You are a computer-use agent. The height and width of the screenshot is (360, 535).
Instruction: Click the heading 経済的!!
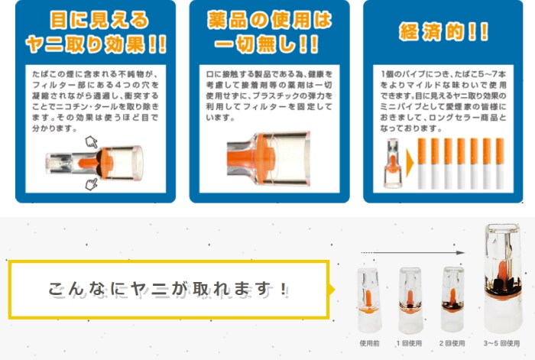pyautogui.click(x=443, y=32)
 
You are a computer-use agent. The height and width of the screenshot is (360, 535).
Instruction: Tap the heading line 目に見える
pyautogui.click(x=99, y=20)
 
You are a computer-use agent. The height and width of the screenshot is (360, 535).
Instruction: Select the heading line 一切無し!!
pyautogui.click(x=267, y=44)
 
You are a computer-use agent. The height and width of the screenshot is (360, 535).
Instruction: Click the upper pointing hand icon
pyautogui.click(x=91, y=141)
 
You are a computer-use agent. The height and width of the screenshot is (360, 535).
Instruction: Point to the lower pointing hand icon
pyautogui.click(x=91, y=184)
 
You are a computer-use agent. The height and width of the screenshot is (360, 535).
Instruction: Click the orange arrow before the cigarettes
pyautogui.click(x=410, y=163)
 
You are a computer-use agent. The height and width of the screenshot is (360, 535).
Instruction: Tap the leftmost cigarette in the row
pyautogui.click(x=422, y=164)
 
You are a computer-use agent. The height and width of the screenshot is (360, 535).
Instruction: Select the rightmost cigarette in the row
pyautogui.click(x=500, y=164)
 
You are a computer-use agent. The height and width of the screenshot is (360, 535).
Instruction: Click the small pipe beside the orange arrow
pyautogui.click(x=393, y=163)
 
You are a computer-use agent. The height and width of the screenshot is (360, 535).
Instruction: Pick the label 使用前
pyautogui.click(x=369, y=343)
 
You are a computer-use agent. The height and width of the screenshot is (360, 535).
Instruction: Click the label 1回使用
pyautogui.click(x=410, y=343)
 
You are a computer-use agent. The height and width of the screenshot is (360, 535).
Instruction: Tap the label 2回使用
pyautogui.click(x=452, y=343)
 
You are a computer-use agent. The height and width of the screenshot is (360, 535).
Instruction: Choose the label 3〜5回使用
pyautogui.click(x=501, y=343)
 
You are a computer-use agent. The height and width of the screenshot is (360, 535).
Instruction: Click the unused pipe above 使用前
pyautogui.click(x=369, y=300)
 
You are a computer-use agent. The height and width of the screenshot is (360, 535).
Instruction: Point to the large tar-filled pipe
pyautogui.click(x=503, y=278)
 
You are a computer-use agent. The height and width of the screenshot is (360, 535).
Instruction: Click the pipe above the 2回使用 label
pyautogui.click(x=452, y=299)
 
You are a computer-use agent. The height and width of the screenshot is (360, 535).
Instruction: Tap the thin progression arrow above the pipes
pyautogui.click(x=413, y=252)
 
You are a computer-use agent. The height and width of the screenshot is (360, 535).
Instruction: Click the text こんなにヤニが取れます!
pyautogui.click(x=168, y=289)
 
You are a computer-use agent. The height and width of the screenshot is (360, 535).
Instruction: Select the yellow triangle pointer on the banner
pyautogui.click(x=331, y=290)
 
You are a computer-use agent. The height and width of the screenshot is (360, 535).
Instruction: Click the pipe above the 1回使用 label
pyautogui.click(x=410, y=300)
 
